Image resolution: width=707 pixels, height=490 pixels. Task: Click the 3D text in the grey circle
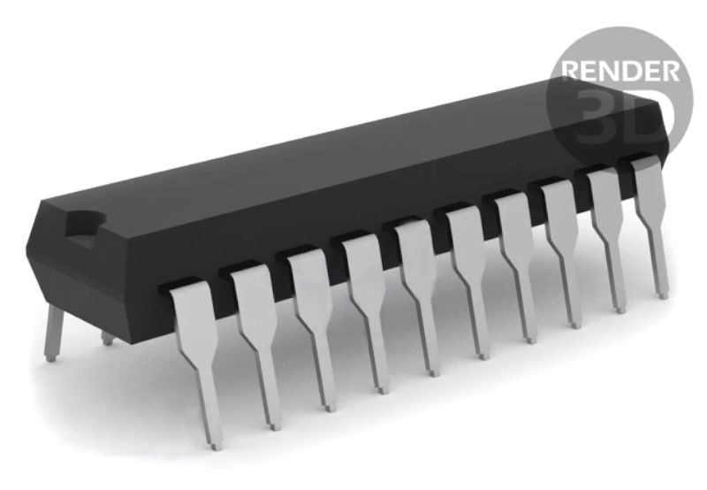[619, 118]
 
